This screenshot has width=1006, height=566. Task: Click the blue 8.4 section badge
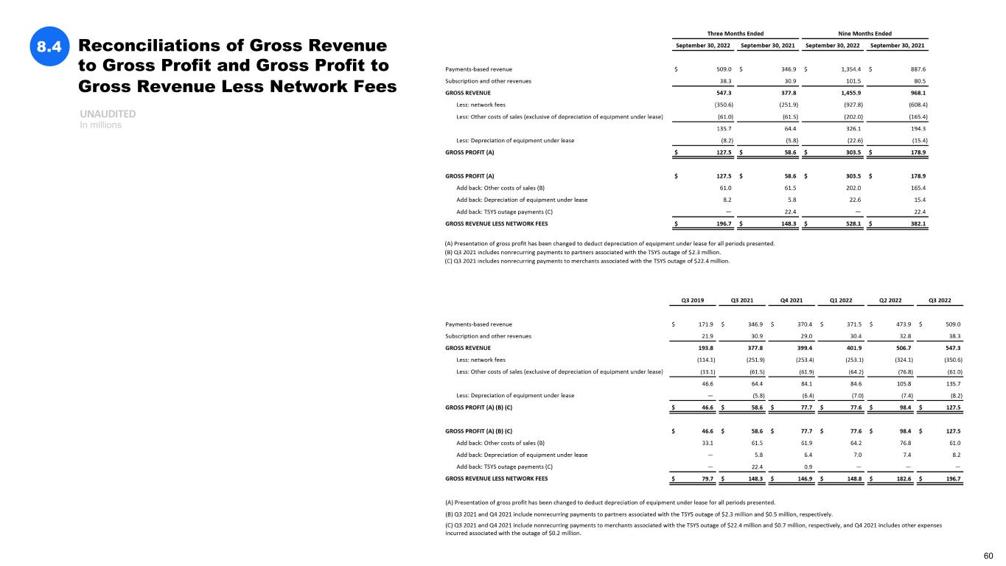point(49,47)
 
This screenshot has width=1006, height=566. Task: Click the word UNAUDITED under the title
point(106,115)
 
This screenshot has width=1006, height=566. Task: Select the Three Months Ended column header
point(735,33)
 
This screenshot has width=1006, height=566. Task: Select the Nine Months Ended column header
point(864,33)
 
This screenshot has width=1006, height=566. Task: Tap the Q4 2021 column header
point(791,300)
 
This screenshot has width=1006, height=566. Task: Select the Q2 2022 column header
point(890,300)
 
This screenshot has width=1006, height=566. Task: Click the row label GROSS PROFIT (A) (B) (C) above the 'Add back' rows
point(479,430)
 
